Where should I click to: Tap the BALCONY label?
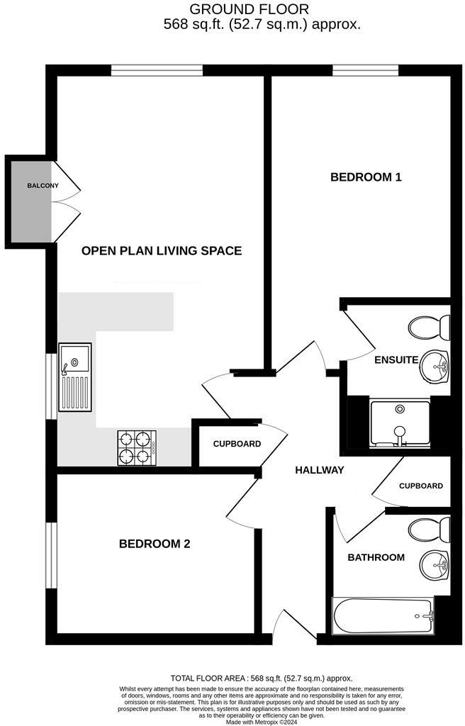click(x=43, y=186)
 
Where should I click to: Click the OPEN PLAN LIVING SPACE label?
click(x=162, y=250)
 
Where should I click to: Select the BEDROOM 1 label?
click(x=366, y=177)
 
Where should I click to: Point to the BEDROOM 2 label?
click(x=154, y=544)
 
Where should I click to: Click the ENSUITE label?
click(x=396, y=359)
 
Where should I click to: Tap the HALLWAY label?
click(x=320, y=470)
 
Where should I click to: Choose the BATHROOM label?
click(x=376, y=557)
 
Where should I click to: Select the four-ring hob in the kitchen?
click(x=136, y=447)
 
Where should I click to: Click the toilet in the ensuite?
click(x=430, y=328)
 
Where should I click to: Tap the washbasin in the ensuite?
click(x=435, y=367)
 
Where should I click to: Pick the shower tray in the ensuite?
click(x=400, y=424)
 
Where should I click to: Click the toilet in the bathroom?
click(x=430, y=528)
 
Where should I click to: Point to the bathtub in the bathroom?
click(x=383, y=615)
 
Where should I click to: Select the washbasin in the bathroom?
click(x=435, y=565)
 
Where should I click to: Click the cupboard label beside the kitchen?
click(x=237, y=445)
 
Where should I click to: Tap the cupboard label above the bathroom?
click(x=420, y=486)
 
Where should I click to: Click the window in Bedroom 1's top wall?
click(x=365, y=70)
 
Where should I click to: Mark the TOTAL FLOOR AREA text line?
click(x=262, y=678)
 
